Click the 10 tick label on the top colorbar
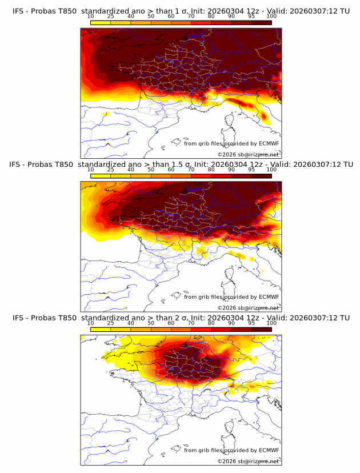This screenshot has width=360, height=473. tap(91, 16)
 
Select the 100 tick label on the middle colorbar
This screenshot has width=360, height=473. tap(271, 169)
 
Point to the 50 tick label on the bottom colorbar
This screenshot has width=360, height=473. tap(151, 323)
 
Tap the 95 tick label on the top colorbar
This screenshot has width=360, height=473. tap(251, 16)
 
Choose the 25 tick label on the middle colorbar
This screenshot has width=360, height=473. tap(111, 169)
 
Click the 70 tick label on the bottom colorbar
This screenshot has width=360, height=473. tap(191, 323)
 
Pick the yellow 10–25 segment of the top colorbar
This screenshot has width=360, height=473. tap(101, 22)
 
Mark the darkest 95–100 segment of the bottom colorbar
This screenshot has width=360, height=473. tap(261, 329)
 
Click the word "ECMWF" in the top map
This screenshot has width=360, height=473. tap(269, 143)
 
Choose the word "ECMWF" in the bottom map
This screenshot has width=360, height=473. tap(269, 450)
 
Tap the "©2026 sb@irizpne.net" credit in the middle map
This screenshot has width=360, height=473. tap(248, 307)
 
